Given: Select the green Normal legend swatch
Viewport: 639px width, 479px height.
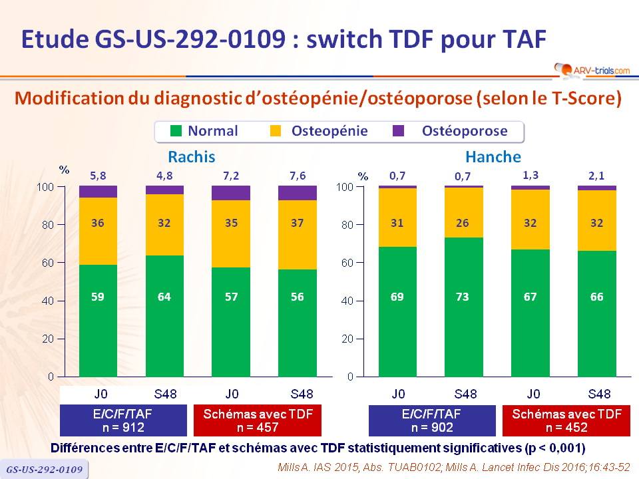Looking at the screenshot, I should coord(176,131).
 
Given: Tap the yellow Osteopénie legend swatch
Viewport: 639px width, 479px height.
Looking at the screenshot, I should coord(278,131).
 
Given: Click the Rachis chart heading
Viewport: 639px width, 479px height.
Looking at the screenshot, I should coord(192,157).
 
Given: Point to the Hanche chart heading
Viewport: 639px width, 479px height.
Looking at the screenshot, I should coord(493,157).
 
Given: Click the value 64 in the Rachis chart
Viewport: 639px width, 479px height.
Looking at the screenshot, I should coord(164,297).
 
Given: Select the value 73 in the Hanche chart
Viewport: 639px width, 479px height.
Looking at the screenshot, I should coord(464,297).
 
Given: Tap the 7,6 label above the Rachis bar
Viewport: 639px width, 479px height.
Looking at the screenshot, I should coord(297,175).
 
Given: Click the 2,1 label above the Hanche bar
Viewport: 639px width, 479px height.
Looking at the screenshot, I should coord(596,175).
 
